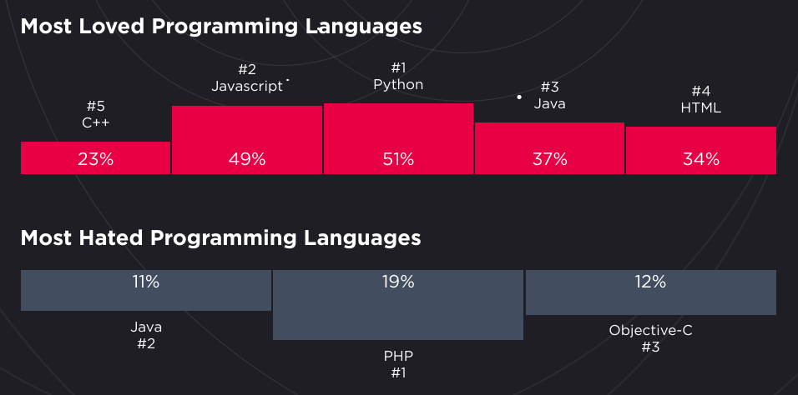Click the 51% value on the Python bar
398,159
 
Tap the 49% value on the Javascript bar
247,159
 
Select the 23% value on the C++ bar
95,159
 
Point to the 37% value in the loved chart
549,159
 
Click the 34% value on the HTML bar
700,159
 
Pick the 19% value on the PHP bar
398,282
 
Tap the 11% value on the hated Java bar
145,282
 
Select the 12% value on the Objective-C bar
650,282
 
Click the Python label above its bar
398,84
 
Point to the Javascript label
247,86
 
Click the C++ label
95,122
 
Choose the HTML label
700,107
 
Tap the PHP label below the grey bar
398,356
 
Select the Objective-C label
650,330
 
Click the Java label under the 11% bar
145,327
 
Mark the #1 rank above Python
398,67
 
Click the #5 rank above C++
95,107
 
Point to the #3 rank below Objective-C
650,347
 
